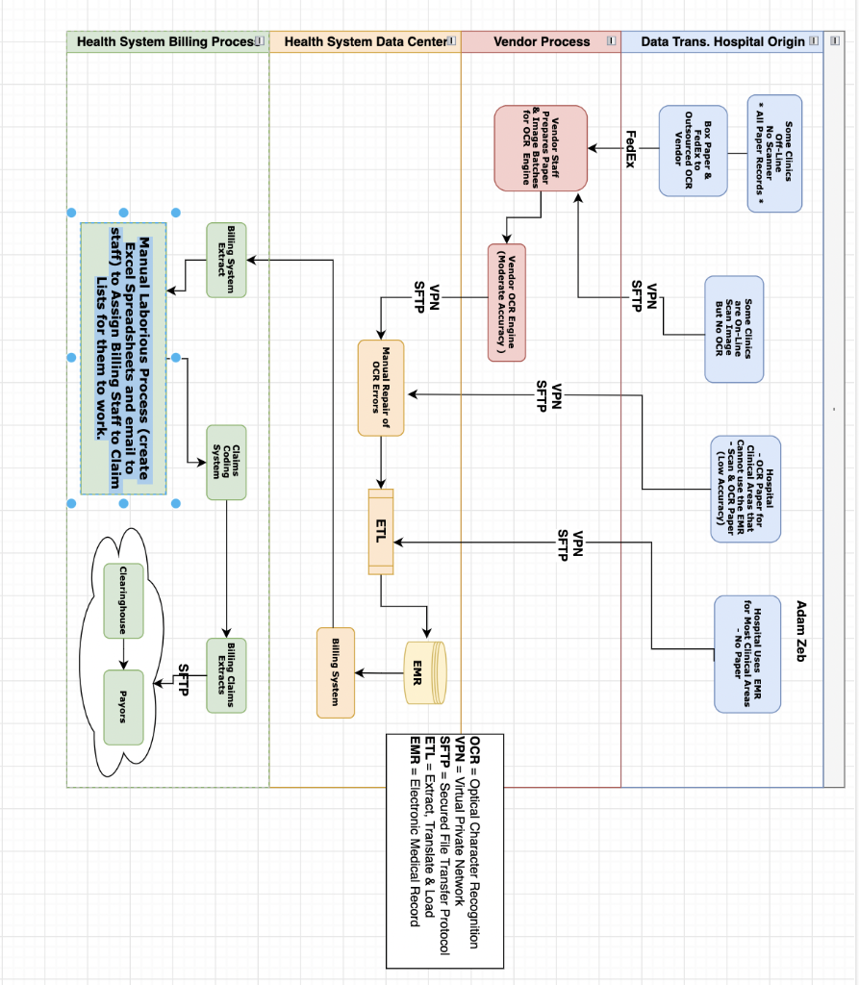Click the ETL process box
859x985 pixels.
coord(381,532)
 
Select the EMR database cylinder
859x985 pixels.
coord(424,671)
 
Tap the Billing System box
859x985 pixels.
coord(336,672)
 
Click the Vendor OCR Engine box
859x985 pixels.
coord(506,302)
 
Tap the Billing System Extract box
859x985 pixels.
coord(226,260)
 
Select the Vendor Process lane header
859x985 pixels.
coord(541,41)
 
